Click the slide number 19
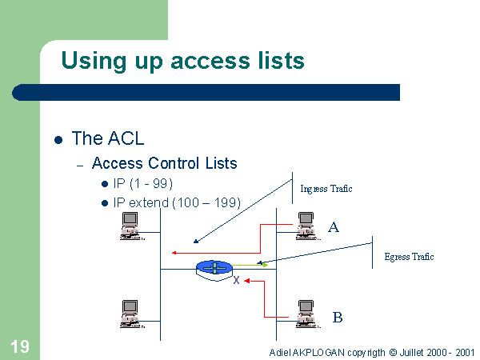tap(20, 346)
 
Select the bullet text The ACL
tap(107, 138)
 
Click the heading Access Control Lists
tap(164, 163)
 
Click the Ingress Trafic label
tap(326, 189)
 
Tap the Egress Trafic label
tap(409, 257)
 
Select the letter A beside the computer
tap(334, 227)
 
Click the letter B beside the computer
tap(338, 318)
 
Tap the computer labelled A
tap(304, 226)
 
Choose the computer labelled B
tap(304, 312)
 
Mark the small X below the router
tap(236, 281)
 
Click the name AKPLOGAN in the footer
tap(320, 352)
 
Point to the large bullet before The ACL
tap(58, 139)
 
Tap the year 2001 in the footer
tap(463, 352)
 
